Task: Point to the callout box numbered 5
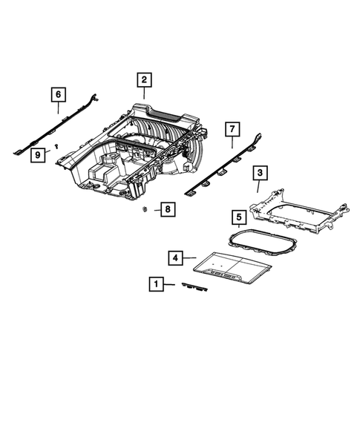pyautogui.click(x=238, y=217)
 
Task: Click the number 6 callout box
pyautogui.click(x=58, y=94)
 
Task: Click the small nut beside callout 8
pyautogui.click(x=143, y=209)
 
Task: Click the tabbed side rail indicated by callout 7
pyautogui.click(x=223, y=167)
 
